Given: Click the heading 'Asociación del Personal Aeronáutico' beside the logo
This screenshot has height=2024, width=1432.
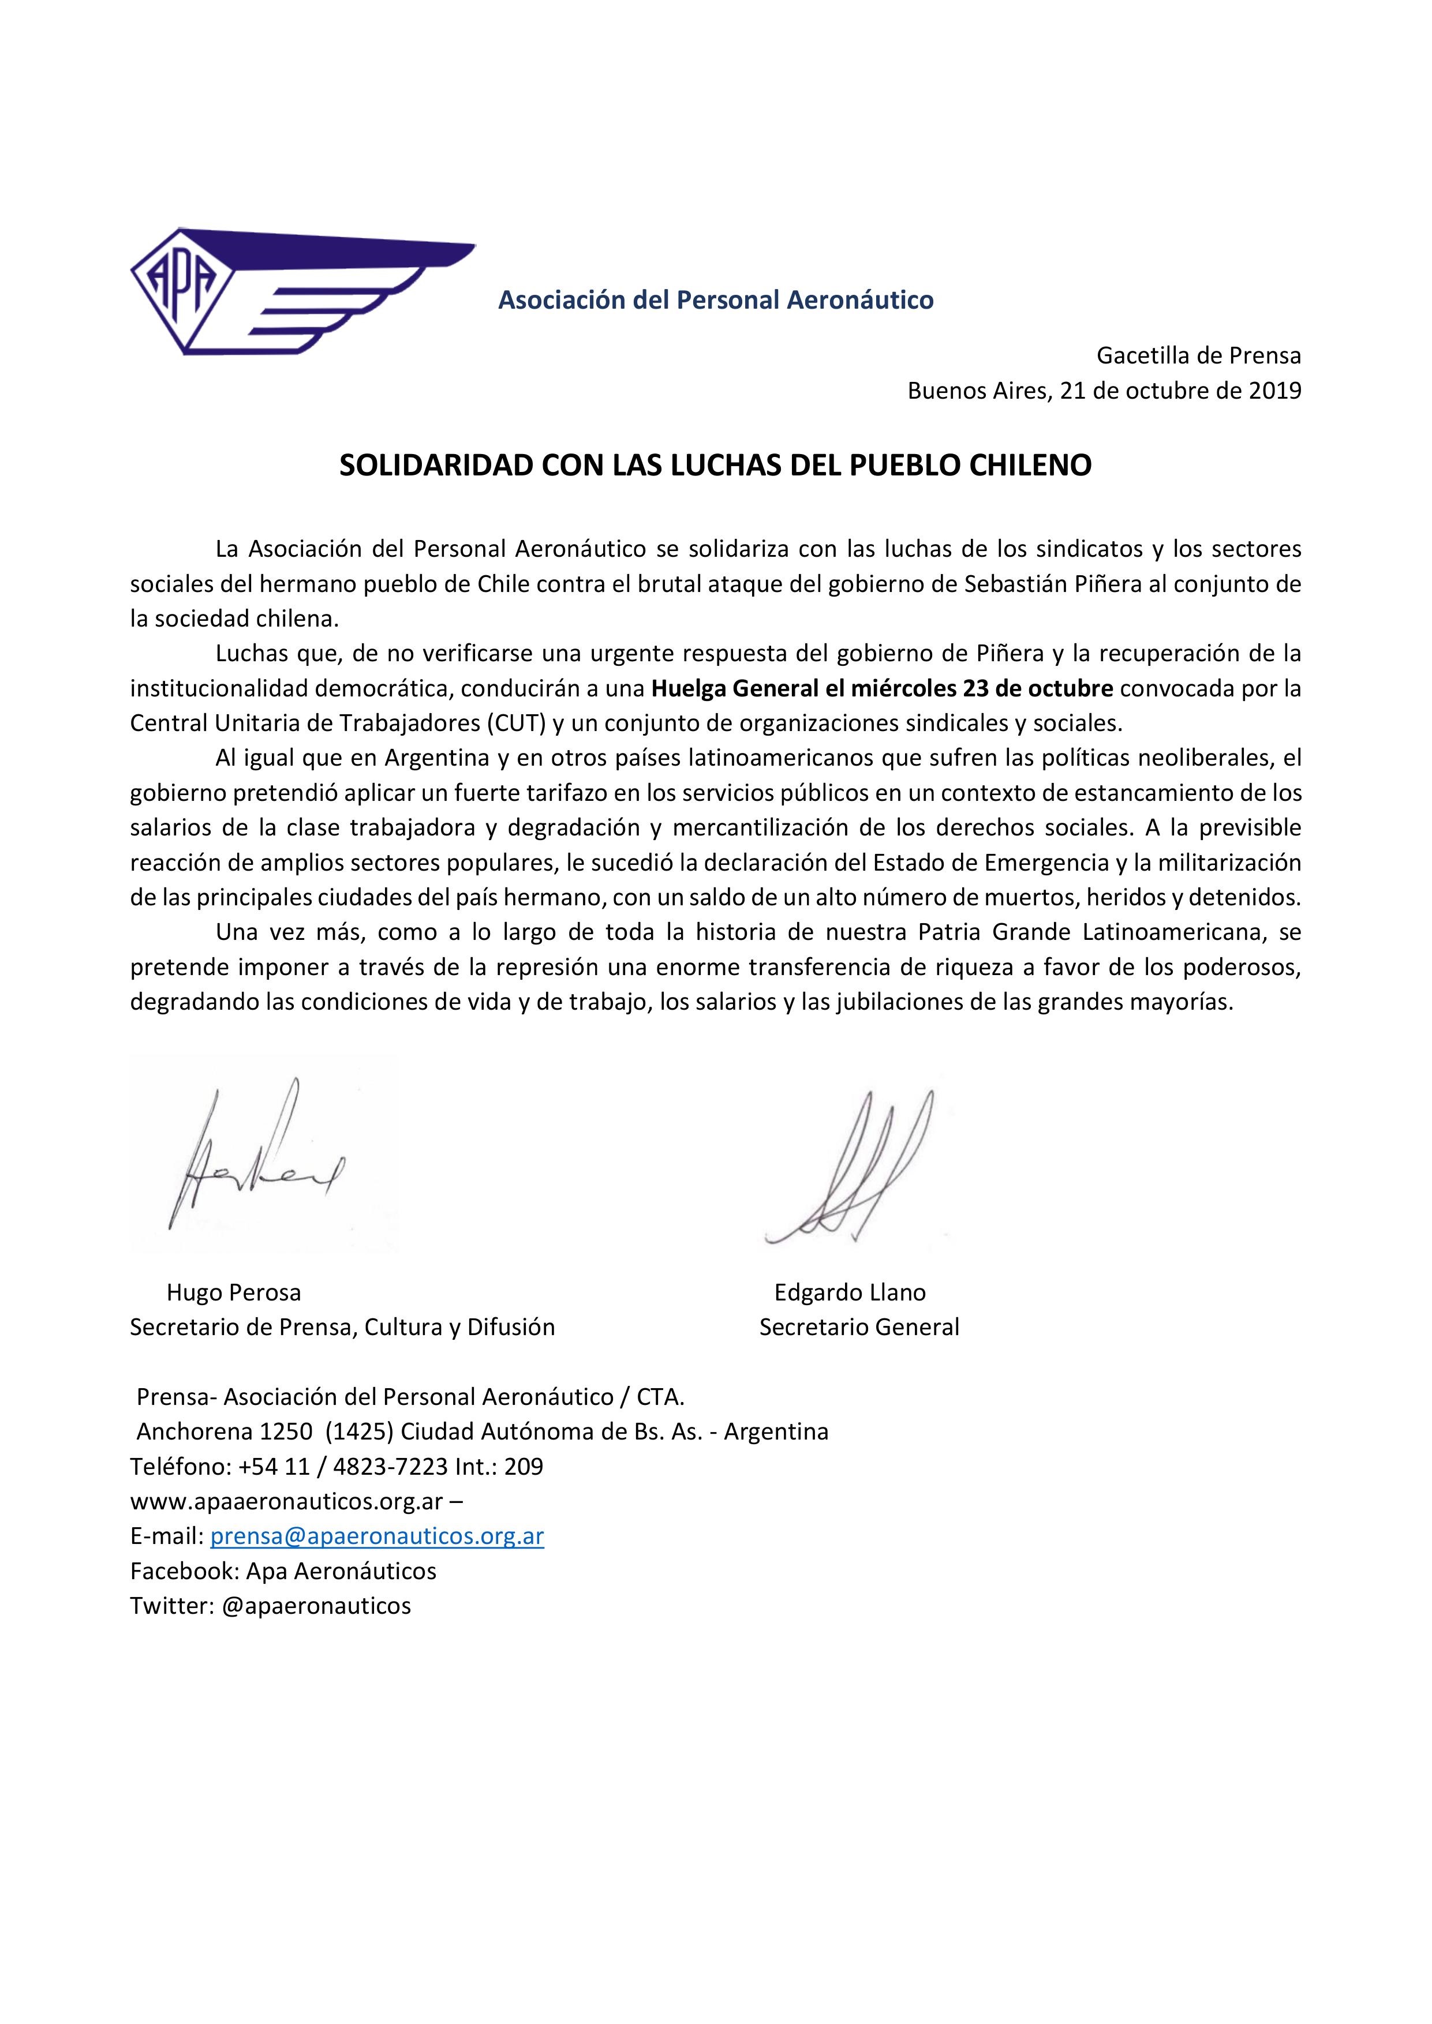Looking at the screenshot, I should pos(715,301).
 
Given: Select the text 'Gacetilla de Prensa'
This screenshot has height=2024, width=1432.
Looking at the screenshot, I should pos(1198,356).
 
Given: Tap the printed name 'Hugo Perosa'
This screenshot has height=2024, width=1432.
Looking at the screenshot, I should pos(234,1292).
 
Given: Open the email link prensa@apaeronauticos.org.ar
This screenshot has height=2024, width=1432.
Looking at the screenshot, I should pos(376,1536).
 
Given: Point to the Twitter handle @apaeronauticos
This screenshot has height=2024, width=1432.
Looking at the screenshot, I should pos(316,1605).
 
